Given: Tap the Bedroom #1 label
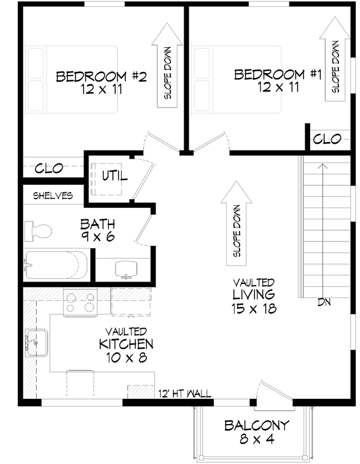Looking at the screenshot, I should [278, 75].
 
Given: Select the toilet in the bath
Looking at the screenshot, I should [38, 232].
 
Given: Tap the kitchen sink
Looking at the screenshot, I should [36, 340].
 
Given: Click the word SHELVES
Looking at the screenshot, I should [53, 196].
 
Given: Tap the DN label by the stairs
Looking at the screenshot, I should [325, 302].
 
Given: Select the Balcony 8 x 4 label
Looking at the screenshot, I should [256, 432].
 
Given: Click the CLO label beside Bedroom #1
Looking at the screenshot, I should [327, 140].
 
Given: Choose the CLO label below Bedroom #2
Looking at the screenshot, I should [49, 168].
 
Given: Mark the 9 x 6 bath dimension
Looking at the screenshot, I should [98, 236].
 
